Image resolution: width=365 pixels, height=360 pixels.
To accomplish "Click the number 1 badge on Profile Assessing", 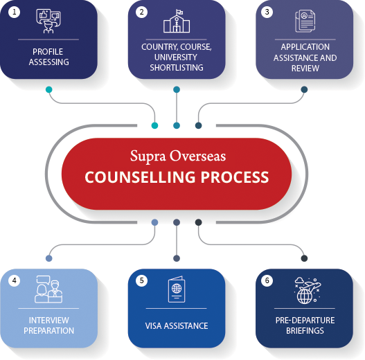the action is click(15, 12).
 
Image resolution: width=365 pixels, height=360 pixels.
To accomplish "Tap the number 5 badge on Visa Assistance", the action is click(141, 280).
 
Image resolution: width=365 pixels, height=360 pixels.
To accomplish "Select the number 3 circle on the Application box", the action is click(267, 12).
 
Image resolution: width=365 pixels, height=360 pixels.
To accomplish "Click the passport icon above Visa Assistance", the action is click(177, 289).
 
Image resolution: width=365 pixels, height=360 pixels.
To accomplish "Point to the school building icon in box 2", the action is click(177, 21).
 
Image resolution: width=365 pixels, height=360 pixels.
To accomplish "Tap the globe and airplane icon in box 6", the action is click(308, 290).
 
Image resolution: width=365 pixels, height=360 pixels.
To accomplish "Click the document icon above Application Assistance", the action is click(305, 21).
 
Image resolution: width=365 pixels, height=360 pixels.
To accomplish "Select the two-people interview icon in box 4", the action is click(48, 289).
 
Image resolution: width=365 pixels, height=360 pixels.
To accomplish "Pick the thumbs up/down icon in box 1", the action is click(48, 21).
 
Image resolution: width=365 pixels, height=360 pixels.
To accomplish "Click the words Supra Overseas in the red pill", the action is click(178, 156).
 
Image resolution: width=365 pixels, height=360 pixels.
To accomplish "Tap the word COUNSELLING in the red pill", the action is click(140, 177).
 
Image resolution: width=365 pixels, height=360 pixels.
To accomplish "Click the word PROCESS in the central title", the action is click(235, 177).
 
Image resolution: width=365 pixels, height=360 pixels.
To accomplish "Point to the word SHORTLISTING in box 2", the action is click(177, 67).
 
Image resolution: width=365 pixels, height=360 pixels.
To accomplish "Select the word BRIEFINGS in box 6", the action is click(305, 330).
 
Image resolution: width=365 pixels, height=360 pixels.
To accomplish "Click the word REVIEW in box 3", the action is click(305, 68).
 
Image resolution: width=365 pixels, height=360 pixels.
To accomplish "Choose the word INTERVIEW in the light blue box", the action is click(49, 321).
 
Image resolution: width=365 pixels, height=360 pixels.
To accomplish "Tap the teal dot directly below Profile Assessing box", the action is click(49, 89).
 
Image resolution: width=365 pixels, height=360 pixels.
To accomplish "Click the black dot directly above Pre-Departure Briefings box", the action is click(304, 258).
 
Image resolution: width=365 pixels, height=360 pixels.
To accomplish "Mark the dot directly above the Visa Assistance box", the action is click(177, 258).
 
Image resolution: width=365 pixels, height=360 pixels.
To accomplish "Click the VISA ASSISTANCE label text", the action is click(177, 326).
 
